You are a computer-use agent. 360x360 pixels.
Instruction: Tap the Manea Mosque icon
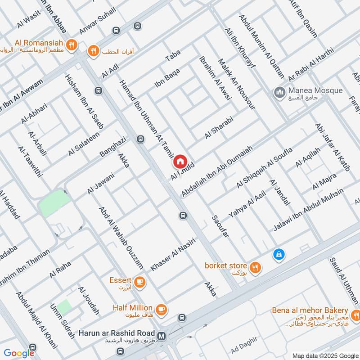279,93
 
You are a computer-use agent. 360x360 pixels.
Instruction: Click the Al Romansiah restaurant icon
71,45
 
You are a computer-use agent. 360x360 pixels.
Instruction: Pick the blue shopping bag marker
279,255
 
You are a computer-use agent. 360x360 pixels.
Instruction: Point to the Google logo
19,353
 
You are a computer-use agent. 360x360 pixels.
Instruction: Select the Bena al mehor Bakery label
310,311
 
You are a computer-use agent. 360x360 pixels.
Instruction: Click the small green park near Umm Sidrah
64,307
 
